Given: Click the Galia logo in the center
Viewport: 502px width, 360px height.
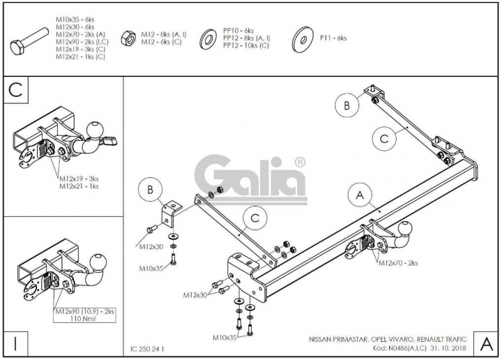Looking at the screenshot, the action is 250,179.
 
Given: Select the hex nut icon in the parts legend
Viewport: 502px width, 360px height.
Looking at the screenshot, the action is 128,38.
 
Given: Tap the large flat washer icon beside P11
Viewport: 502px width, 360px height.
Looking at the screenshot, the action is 302,39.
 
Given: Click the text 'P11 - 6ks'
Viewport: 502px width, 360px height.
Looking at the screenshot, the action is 333,38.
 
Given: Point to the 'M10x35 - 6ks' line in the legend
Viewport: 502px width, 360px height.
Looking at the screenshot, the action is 75,20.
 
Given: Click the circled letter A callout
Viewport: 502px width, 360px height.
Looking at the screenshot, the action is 360,195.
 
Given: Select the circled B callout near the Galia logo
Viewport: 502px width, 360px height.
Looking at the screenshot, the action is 150,190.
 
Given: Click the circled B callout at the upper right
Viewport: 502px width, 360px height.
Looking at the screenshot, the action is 347,105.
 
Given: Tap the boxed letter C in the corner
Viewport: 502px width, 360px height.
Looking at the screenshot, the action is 15,90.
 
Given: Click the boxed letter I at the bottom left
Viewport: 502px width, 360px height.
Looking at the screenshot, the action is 15,343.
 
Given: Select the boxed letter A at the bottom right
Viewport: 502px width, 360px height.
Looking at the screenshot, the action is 486,344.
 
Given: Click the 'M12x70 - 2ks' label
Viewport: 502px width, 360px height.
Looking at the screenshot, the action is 398,263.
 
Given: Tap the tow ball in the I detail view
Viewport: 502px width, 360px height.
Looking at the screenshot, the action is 98,263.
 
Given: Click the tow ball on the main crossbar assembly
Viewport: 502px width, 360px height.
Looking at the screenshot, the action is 406,227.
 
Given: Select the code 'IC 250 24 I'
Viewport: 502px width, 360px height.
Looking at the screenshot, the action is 147,349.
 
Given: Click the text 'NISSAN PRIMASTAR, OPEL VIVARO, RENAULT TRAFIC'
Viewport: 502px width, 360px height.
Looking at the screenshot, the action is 388,339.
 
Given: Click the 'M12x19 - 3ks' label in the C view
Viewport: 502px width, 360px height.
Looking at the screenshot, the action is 79,179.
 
